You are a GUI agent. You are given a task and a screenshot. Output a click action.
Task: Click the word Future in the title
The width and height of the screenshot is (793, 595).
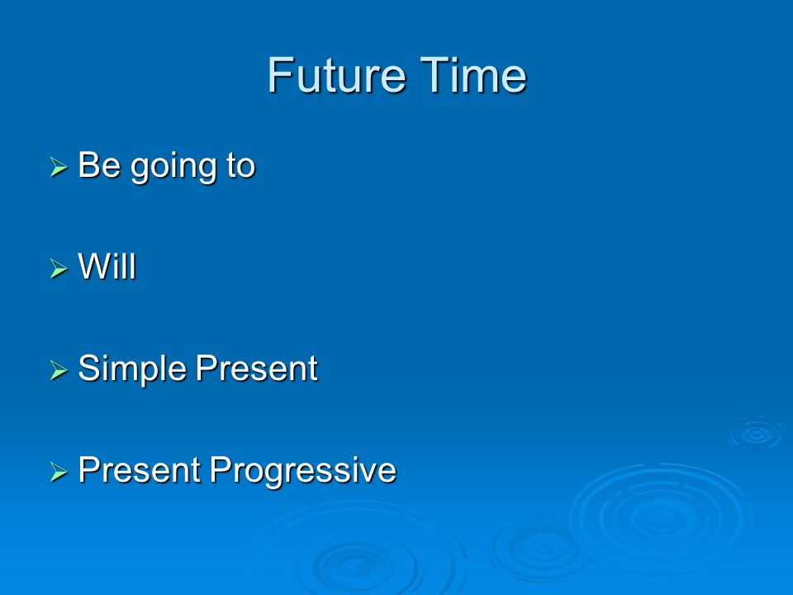336,75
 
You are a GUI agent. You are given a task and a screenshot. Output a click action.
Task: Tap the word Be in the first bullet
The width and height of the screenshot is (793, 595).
99,165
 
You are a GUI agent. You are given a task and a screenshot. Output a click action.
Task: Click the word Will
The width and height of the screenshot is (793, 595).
107,266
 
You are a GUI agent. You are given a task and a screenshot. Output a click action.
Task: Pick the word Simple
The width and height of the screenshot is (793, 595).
132,369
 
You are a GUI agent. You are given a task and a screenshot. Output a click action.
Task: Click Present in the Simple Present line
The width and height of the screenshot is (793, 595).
256,368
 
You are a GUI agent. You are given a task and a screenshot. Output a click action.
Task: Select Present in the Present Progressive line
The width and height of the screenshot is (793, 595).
140,469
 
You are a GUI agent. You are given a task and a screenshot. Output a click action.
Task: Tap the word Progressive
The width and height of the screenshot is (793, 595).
303,471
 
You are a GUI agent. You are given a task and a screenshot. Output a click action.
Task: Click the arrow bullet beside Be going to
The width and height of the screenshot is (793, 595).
59,166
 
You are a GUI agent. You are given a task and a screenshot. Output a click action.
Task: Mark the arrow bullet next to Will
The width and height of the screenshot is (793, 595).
59,268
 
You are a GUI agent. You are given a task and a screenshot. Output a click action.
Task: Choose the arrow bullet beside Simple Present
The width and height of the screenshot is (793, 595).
59,370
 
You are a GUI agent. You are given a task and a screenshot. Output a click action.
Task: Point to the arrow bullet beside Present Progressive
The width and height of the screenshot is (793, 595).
59,472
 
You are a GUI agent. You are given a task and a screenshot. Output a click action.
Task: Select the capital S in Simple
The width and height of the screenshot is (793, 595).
88,368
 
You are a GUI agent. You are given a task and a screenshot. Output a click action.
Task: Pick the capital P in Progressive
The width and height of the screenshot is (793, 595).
220,469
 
